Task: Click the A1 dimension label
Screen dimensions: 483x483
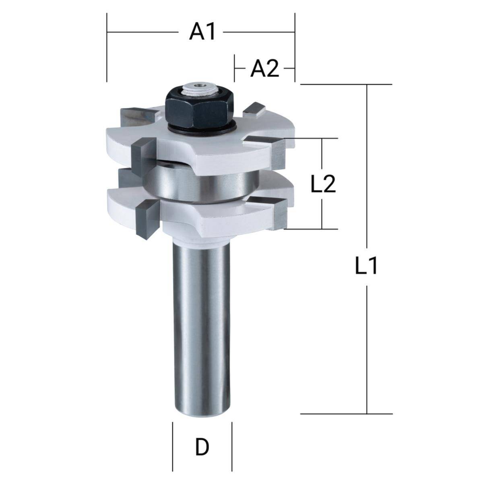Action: pos(203,31)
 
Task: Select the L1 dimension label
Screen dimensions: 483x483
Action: pos(366,266)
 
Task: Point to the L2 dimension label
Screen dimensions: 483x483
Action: pos(323,184)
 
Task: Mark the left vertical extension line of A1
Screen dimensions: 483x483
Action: pos(107,48)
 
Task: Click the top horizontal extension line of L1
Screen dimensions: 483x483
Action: pos(346,85)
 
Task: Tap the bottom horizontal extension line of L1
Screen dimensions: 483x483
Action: pos(346,413)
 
